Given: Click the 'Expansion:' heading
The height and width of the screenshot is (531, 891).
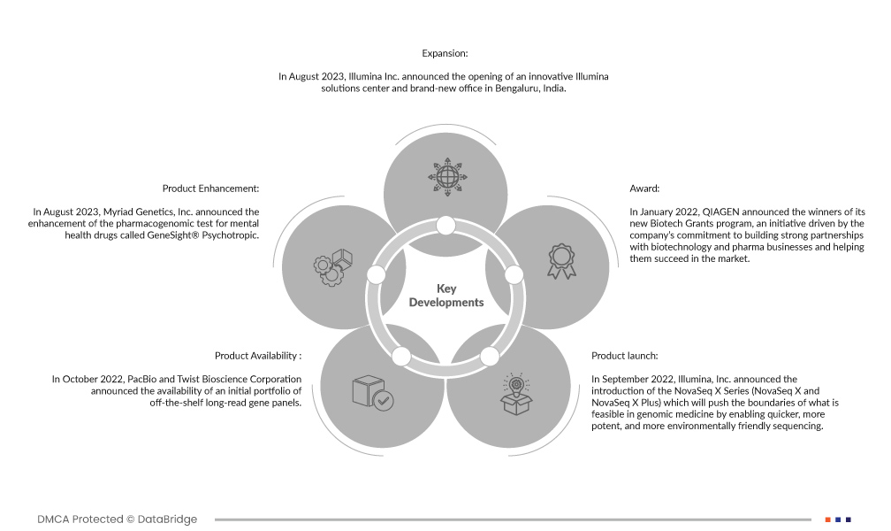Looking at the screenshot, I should pyautogui.click(x=445, y=54).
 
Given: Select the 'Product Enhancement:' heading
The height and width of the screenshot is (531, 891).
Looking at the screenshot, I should pyautogui.click(x=210, y=189).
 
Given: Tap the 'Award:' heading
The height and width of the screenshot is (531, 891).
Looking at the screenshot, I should pyautogui.click(x=644, y=189).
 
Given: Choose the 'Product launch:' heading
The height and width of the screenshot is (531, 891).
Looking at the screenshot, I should pyautogui.click(x=624, y=356).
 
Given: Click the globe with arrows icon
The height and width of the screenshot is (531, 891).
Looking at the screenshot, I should pyautogui.click(x=445, y=173).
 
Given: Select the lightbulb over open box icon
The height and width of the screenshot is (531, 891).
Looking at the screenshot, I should pyautogui.click(x=516, y=395).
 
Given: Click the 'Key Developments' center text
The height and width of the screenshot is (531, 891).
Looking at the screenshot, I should pyautogui.click(x=445, y=296).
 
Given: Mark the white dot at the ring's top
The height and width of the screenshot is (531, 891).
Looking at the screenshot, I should pyautogui.click(x=445, y=226).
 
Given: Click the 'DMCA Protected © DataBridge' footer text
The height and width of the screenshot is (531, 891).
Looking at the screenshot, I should pyautogui.click(x=118, y=519).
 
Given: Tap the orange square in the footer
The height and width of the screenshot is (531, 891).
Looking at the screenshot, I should pyautogui.click(x=827, y=519).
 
